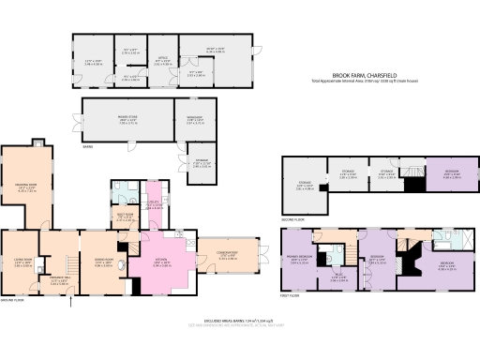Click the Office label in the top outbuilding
click(163, 58)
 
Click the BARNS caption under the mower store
click(87, 146)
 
